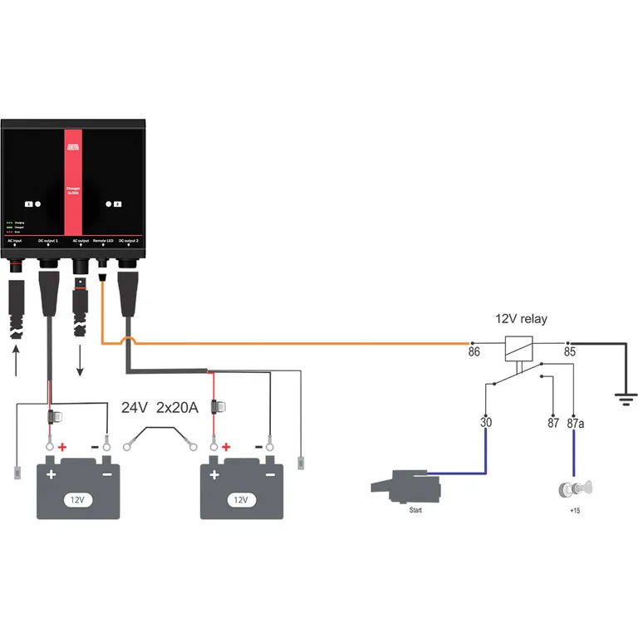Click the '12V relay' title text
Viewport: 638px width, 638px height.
coord(521,319)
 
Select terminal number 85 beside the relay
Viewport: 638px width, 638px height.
coord(569,353)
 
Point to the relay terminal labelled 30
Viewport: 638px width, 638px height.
coord(487,423)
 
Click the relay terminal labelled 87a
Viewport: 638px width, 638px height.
coord(575,423)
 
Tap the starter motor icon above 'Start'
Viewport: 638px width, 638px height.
coord(402,487)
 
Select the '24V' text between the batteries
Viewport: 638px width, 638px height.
coord(135,408)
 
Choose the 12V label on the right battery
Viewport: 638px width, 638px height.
coord(242,500)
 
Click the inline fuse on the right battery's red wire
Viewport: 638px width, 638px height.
coord(219,407)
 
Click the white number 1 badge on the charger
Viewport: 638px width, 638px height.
coord(29,203)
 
